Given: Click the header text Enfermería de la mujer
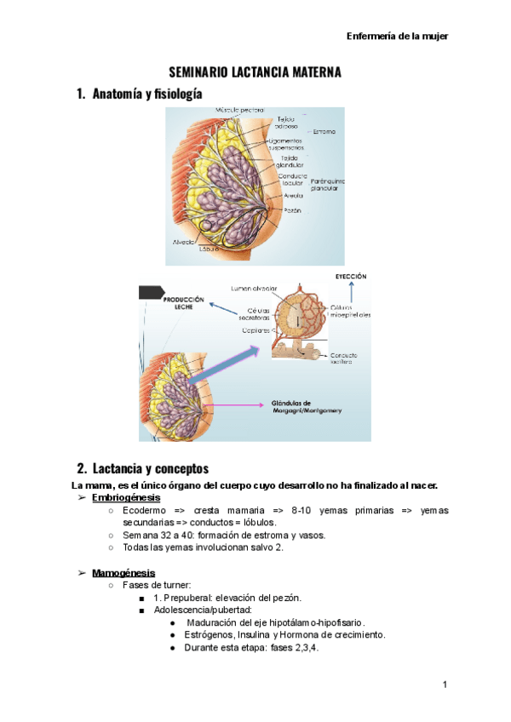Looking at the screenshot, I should coord(398,36).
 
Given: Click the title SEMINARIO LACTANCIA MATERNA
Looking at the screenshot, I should coord(255,72).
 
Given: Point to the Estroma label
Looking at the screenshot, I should coord(324,131).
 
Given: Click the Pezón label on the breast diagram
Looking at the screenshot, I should coord(292,209).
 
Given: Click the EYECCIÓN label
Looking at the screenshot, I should coord(350,277).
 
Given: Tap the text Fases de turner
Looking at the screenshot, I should coord(156,586).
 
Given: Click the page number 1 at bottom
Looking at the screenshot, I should coord(445,685).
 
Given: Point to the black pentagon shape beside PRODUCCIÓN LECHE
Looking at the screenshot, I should coord(152,292).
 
